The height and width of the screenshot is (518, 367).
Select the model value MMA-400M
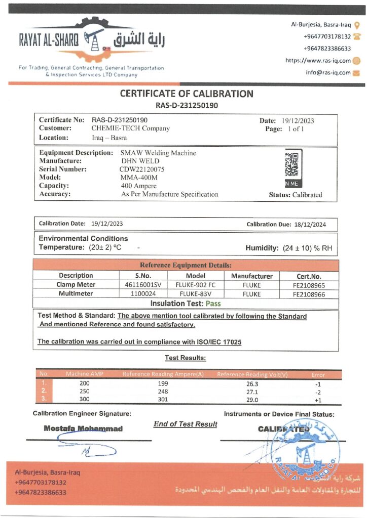tap(139, 178)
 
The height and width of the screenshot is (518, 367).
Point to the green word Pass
tap(213, 304)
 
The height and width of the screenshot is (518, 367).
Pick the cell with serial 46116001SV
tap(143, 285)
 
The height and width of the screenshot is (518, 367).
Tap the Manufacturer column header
tap(252, 276)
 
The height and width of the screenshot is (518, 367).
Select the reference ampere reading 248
tap(162, 392)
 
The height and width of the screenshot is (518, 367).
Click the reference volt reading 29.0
tap(252, 400)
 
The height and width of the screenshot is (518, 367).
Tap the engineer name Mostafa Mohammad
tap(83, 428)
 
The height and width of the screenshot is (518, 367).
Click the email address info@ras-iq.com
tap(328, 72)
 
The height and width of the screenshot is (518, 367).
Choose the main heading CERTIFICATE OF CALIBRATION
tap(186, 94)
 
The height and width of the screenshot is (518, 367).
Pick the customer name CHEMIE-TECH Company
tap(131, 128)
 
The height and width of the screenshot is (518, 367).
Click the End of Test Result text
tap(185, 424)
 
